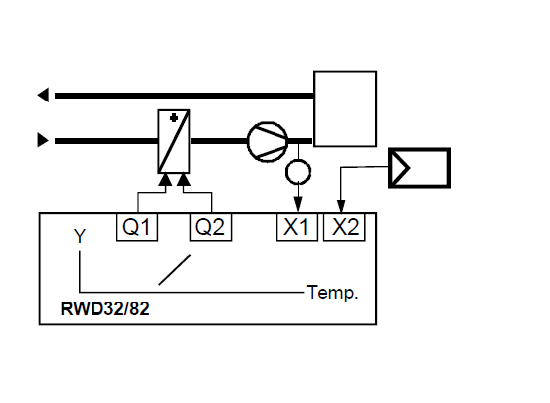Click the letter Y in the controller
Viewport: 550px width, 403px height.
(x=80, y=236)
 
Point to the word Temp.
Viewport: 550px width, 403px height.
(x=332, y=293)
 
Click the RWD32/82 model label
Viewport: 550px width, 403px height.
(x=104, y=308)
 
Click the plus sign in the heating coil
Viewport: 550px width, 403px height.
(x=174, y=118)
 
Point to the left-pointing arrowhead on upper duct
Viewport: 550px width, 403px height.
(x=43, y=95)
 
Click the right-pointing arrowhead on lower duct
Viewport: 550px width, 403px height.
(x=43, y=140)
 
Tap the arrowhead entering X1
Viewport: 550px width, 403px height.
(x=298, y=204)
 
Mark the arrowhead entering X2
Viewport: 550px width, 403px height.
(x=341, y=206)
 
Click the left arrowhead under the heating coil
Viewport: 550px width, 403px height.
(x=165, y=180)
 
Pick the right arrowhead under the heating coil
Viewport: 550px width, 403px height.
(x=184, y=180)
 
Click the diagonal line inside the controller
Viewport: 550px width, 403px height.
(x=175, y=270)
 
